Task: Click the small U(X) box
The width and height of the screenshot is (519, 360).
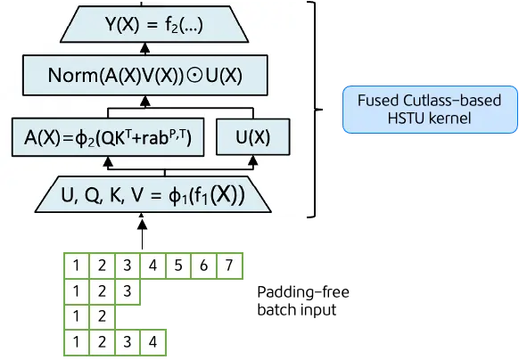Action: coord(251,138)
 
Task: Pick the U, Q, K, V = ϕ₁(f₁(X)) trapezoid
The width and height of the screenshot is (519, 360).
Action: coord(151,195)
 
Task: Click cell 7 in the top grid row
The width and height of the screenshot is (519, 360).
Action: coord(229,266)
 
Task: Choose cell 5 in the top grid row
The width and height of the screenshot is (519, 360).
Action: coord(178,266)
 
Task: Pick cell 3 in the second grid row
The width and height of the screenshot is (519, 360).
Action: coord(128,290)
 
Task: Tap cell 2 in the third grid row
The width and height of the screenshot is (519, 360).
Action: coord(103,315)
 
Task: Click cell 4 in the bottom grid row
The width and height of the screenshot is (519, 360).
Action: coord(153,340)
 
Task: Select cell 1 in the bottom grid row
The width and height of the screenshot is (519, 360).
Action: coord(78,340)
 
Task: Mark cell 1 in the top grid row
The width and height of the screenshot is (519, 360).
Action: coord(78,266)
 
